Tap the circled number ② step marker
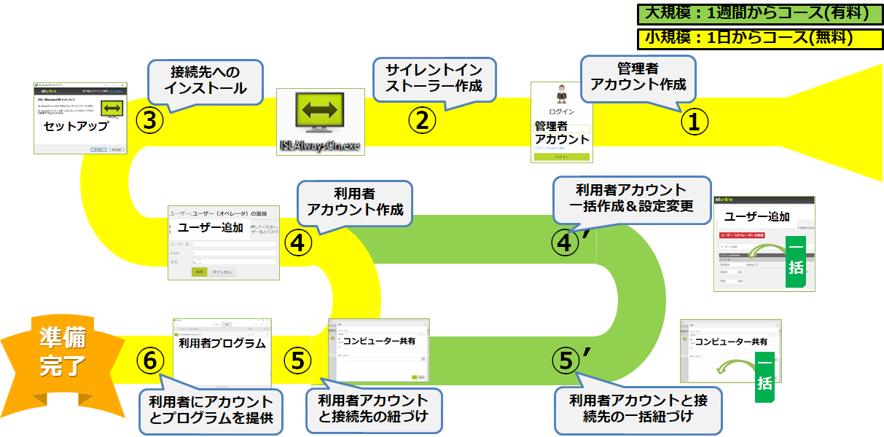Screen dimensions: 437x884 tap(421, 119)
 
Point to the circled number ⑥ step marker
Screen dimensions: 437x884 tap(149, 359)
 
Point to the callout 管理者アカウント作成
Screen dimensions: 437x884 tap(638, 76)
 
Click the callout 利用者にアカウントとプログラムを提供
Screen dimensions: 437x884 tap(211, 410)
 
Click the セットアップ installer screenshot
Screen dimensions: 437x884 tap(81, 118)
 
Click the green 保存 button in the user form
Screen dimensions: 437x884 tap(199, 272)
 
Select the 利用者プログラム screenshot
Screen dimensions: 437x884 tap(222, 353)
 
